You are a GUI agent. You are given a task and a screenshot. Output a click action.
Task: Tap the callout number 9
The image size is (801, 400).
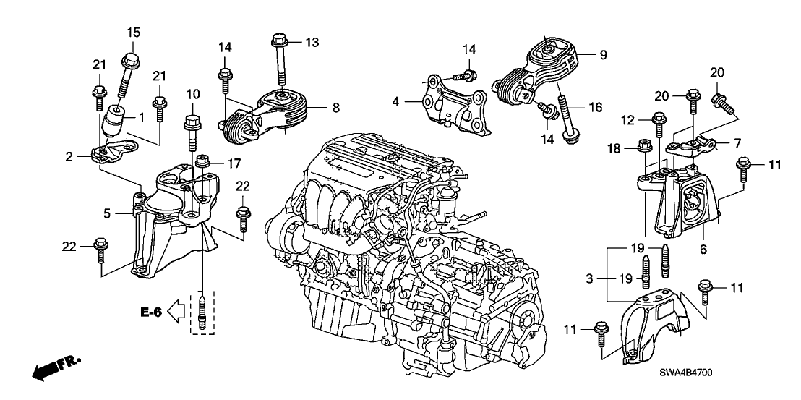(603, 54)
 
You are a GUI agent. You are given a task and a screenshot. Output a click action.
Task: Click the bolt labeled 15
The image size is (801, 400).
(133, 71)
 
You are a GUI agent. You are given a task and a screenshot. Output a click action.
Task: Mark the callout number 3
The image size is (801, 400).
(590, 278)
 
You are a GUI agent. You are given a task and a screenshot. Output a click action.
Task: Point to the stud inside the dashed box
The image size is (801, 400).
(203, 311)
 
